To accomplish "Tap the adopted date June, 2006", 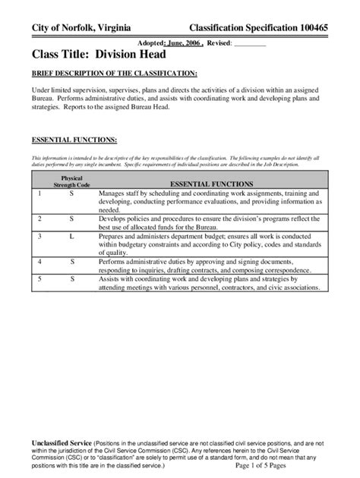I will point(184,44).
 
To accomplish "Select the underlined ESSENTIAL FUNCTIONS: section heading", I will point(74,140).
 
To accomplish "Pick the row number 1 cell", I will point(39,195).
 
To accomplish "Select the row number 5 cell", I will point(39,278).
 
